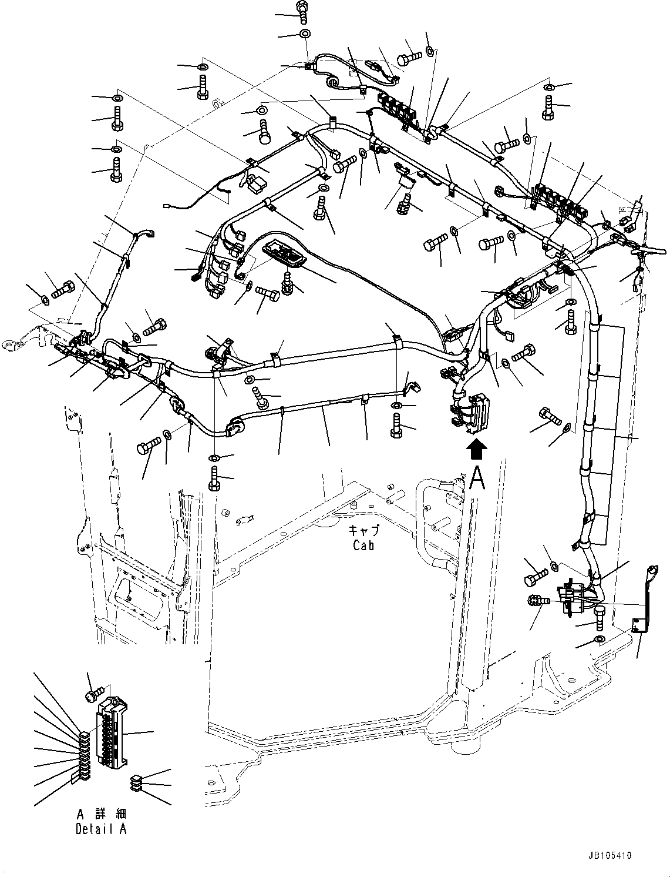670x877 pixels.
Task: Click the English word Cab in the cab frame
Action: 363,545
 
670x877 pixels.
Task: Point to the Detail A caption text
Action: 101,829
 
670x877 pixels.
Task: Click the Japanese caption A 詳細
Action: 101,814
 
